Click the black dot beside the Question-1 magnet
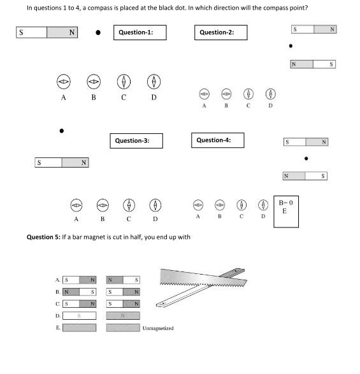[x=98, y=32]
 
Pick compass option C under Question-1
[x=124, y=82]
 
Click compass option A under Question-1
[x=64, y=82]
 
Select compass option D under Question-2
[x=271, y=94]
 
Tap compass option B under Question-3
[x=103, y=205]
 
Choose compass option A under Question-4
[x=198, y=205]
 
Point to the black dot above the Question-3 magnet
[x=62, y=131]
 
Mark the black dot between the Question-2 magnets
[x=291, y=46]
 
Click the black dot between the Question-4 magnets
[x=306, y=159]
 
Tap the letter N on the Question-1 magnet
[x=72, y=32]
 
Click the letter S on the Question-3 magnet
[x=39, y=162]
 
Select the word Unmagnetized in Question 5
[x=158, y=328]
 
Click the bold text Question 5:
[x=44, y=237]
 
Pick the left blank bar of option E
[x=80, y=327]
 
